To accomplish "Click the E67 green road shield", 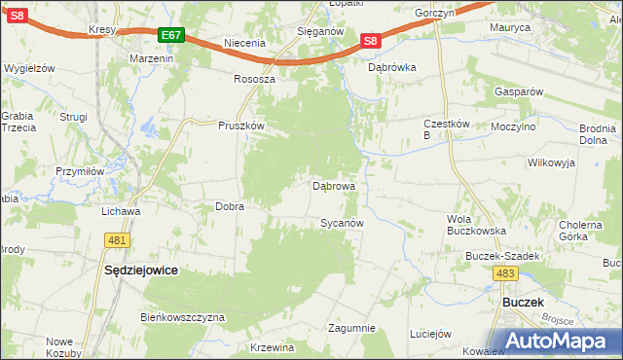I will click(171, 35).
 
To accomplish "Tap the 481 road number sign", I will click(119, 239).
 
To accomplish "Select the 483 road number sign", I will click(505, 274).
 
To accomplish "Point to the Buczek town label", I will click(522, 303).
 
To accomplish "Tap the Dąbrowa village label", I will click(333, 185).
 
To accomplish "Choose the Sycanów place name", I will click(343, 223).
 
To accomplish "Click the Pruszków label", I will click(241, 126).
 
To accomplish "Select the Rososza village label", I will click(254, 79).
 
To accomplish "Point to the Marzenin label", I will click(151, 58).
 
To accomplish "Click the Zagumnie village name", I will click(351, 328).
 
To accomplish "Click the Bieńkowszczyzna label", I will click(183, 317).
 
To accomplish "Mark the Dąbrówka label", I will click(392, 68).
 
